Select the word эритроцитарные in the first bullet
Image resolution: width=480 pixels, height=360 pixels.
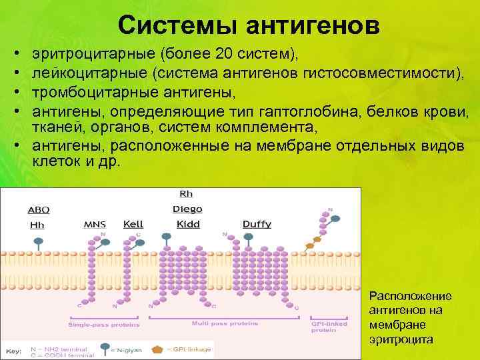click(85, 53)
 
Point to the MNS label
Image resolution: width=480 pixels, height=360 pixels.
click(94, 225)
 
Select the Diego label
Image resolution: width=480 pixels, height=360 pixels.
click(187, 209)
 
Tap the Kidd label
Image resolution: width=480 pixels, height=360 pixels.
click(187, 225)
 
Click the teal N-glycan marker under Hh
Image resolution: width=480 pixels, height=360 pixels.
click(39, 240)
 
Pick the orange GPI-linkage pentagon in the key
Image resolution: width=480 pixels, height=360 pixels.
click(157, 348)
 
